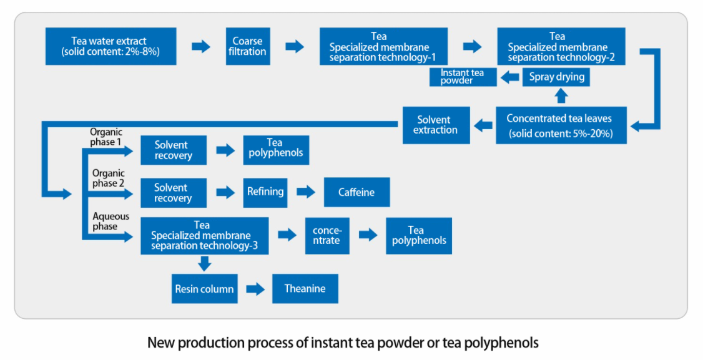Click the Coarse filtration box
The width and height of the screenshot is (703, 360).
248,46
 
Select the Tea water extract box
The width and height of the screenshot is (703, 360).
111,46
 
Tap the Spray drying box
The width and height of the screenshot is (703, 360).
556,77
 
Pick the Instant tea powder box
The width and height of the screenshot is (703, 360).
463,77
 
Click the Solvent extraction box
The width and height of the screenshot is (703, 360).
436,125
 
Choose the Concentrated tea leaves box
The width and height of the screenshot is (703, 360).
561,125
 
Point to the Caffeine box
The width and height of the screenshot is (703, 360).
357,192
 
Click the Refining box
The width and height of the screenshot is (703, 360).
265,193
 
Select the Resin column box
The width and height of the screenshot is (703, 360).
204,289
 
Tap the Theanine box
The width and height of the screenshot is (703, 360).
305,289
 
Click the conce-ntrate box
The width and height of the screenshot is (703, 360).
327,236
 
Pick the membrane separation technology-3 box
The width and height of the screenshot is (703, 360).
204,236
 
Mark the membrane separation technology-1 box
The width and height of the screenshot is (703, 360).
383,46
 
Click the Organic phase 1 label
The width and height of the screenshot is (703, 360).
106,137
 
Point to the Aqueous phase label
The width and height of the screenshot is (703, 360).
111,221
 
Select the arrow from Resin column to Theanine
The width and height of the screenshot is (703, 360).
255,289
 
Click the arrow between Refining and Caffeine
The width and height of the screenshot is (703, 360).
306,192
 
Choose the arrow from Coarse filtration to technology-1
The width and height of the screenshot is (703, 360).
295,46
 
